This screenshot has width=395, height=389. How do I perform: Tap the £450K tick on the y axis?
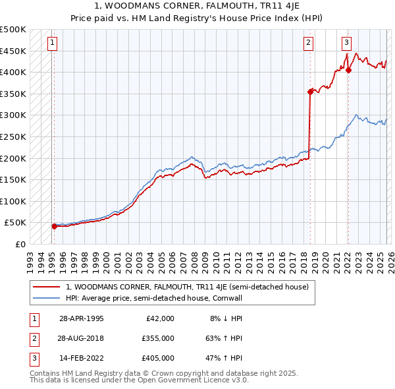(13, 51)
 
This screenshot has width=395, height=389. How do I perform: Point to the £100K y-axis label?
(13, 201)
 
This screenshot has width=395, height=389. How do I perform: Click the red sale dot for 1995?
(54, 226)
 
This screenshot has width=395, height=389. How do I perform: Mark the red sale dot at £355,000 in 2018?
(310, 92)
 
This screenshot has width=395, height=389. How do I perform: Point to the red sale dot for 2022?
(348, 71)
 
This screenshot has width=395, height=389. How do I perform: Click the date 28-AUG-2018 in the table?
(81, 338)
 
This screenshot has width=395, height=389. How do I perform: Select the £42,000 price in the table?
(159, 318)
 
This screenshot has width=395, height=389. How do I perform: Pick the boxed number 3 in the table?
(33, 358)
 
